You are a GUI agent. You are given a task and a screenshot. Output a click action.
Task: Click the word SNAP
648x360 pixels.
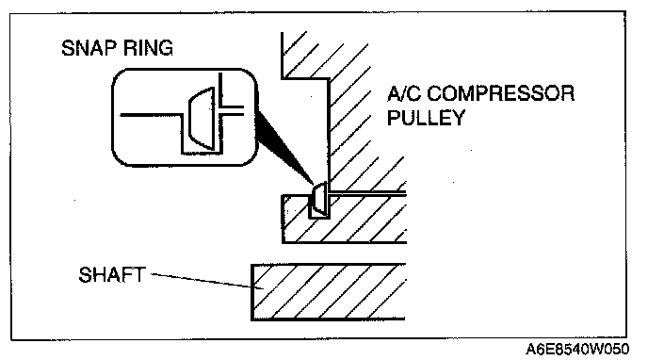coord(89,48)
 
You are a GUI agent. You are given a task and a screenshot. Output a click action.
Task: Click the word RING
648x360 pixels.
coord(149,48)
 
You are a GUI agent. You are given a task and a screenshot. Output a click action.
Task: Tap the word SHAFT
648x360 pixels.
coord(112,275)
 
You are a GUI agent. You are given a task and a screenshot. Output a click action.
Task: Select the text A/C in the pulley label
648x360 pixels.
coord(404,93)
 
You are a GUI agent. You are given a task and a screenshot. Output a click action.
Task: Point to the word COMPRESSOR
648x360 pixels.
coord(500,93)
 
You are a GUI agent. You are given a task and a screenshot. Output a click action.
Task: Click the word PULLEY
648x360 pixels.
coord(426,118)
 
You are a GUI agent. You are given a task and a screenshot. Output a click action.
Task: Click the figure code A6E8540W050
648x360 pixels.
coord(577,350)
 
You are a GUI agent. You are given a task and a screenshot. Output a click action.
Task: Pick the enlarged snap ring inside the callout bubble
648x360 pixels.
coord(202,118)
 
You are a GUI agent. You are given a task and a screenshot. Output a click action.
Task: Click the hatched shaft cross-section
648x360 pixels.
coord(329,292)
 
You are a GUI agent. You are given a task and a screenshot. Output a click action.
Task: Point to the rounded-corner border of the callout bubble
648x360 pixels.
coord(112,118)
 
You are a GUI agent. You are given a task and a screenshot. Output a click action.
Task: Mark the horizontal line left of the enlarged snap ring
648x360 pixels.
coord(151,114)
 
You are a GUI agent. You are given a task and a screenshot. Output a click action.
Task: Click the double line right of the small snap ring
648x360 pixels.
coord(367,192)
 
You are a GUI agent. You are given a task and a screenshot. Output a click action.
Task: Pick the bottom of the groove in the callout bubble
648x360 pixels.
coord(202,154)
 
